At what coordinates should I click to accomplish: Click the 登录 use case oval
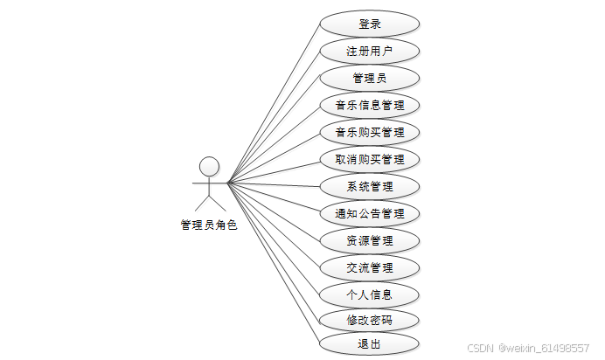click(x=369, y=24)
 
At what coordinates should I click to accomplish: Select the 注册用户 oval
click(x=369, y=51)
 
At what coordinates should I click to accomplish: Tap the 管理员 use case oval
click(x=369, y=78)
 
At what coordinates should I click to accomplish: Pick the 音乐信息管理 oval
click(x=369, y=106)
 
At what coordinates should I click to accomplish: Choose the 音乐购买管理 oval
click(x=369, y=133)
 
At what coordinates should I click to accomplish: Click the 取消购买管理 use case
click(x=369, y=160)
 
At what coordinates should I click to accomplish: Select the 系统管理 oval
click(x=369, y=186)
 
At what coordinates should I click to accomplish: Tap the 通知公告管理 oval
click(x=369, y=213)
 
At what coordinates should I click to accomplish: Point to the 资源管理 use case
click(x=369, y=240)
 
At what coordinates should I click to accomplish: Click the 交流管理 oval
click(x=369, y=267)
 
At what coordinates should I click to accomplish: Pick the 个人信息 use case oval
click(x=369, y=294)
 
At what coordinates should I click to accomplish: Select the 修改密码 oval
click(x=369, y=320)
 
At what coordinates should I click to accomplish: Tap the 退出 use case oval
click(x=369, y=343)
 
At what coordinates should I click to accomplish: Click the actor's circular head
click(x=208, y=166)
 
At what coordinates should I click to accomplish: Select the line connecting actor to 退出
click(x=273, y=262)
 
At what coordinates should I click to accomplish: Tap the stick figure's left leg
click(x=201, y=204)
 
